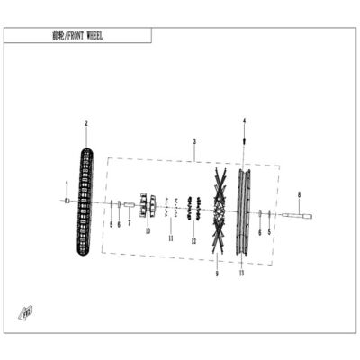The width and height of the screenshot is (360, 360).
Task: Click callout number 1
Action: click(67, 184)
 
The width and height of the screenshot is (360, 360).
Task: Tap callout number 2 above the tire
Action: click(86, 123)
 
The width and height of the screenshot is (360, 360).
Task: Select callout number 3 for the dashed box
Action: click(194, 141)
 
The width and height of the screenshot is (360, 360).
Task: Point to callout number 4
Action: click(244, 121)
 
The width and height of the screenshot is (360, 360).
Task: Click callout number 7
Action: click(130, 223)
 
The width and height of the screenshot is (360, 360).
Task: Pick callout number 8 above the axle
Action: click(299, 194)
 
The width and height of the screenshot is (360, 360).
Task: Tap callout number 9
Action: click(217, 274)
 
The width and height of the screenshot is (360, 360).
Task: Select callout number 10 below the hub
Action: click(148, 231)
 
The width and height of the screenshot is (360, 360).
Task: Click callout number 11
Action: click(171, 238)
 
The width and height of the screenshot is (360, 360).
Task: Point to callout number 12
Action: click(193, 241)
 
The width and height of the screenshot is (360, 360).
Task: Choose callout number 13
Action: click(242, 273)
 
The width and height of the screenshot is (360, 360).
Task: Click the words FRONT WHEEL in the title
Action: click(85, 36)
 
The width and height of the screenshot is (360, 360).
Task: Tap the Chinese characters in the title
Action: click(58, 36)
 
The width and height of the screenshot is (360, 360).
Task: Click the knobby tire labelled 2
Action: click(85, 202)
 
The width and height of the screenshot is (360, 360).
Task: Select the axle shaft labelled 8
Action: click(297, 215)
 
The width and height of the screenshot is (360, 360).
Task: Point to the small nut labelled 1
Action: click(67, 201)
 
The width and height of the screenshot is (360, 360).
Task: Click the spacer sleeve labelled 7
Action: click(129, 204)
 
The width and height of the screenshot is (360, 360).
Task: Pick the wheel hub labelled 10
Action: click(148, 205)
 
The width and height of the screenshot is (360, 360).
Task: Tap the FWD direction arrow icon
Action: click(26, 313)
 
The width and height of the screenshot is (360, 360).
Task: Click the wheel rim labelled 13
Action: click(244, 212)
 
